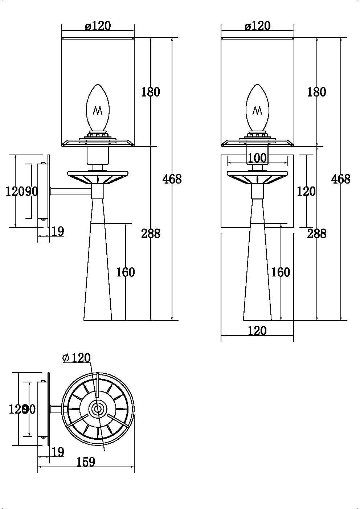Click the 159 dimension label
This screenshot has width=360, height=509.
coord(86,462)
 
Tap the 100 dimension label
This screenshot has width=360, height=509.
coord(257,158)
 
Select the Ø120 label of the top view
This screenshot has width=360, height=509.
coord(76,358)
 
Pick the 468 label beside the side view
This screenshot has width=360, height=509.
coord(172,179)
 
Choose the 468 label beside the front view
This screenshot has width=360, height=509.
coord(341,179)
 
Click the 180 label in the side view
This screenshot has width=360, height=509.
coord(150,92)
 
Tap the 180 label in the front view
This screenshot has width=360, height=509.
coord(316,92)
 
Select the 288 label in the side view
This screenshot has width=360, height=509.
coord(150,233)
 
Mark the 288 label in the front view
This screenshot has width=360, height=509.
coord(316,233)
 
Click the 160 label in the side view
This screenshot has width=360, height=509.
coord(125,272)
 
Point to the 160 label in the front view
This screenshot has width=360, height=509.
coord(281,272)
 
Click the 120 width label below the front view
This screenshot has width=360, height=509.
coord(257,331)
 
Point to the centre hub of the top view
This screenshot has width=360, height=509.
coord(97,409)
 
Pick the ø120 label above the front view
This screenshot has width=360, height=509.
coord(257,26)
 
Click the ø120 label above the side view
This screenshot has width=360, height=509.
coord(98,26)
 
